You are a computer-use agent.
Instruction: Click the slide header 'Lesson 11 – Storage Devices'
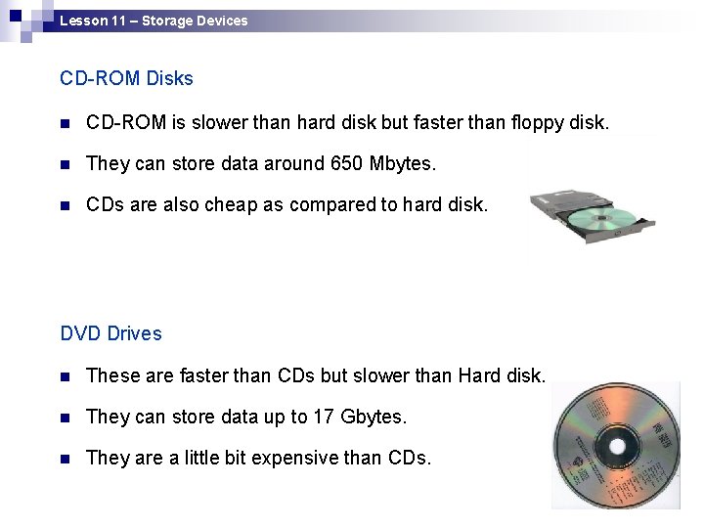click(x=154, y=20)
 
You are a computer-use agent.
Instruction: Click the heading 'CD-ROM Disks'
click(x=126, y=77)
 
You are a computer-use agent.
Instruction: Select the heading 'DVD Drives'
click(x=110, y=333)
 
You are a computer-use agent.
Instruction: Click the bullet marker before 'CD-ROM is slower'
click(x=66, y=124)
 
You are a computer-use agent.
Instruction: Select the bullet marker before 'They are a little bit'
click(x=66, y=458)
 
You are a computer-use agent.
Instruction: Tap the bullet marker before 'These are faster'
click(x=66, y=376)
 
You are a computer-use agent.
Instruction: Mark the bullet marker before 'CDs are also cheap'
click(x=66, y=205)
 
